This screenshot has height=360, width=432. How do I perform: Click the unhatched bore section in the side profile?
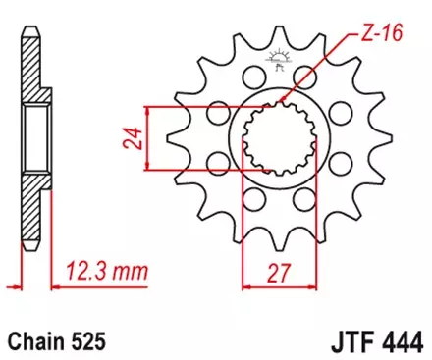click(x=29, y=137)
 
